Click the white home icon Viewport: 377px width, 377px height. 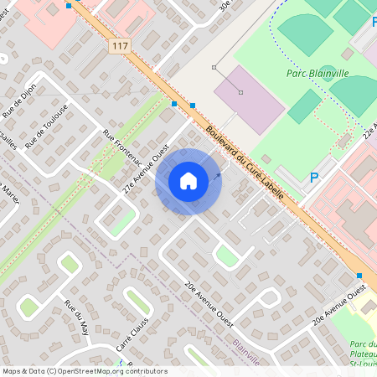coord(188,180)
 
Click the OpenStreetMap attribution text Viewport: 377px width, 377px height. coord(84,371)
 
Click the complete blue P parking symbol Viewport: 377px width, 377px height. coord(314,177)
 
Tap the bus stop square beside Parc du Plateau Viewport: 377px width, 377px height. coord(359,276)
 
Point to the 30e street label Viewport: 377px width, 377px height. coord(224,5)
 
